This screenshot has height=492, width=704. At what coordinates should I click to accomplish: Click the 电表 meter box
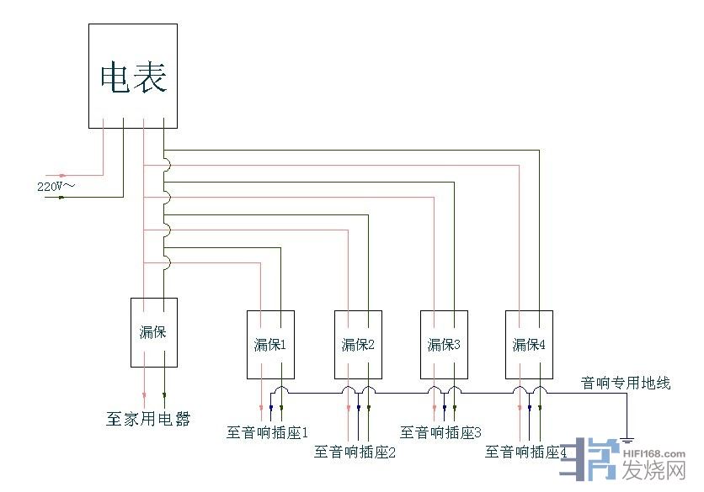[x=133, y=77]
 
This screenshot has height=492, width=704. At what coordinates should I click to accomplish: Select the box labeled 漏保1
[x=270, y=344]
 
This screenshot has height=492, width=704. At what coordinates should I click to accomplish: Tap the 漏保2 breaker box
[x=358, y=344]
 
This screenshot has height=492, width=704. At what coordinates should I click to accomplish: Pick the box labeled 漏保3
[x=444, y=344]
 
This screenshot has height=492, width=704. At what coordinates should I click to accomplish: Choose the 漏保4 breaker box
[x=530, y=344]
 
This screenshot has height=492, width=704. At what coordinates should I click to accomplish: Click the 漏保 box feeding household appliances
[x=153, y=331]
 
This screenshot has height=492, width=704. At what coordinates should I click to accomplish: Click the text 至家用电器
[x=148, y=418]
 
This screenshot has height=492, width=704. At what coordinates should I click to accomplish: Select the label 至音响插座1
[x=268, y=432]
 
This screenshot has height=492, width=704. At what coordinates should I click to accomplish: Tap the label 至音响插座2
[x=355, y=452]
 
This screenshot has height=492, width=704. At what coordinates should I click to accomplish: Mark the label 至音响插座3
[x=440, y=432]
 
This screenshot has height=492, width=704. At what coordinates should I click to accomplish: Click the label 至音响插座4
[x=526, y=452]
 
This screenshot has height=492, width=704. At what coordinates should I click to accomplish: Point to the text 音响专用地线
[x=626, y=384]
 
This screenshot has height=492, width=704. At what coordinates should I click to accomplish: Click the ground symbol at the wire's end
[x=627, y=438]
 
